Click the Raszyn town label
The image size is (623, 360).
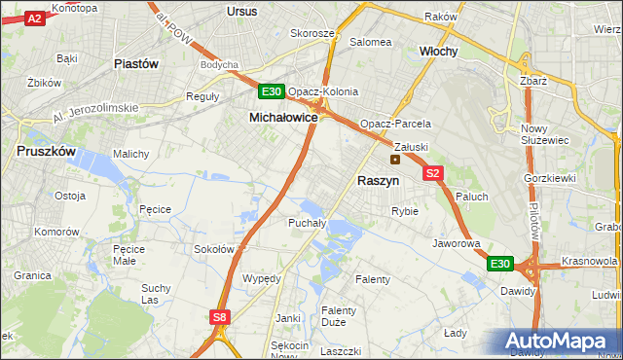click(x=378, y=181)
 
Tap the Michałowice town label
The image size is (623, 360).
click(x=283, y=117)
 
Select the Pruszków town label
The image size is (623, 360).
click(x=48, y=151)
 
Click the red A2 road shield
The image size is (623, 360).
click(x=34, y=18)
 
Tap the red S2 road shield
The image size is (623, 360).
click(x=434, y=173)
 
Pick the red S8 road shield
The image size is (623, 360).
click(x=220, y=316)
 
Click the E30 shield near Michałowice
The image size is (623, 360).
click(x=272, y=92)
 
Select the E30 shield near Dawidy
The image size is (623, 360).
click(x=499, y=264)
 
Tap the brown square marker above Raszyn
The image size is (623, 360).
click(x=395, y=160)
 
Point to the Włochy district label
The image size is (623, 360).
click(x=438, y=51)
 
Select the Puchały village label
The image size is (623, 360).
click(x=307, y=223)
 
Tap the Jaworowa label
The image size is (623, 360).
click(x=457, y=243)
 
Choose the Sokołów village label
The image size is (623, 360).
click(x=214, y=249)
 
